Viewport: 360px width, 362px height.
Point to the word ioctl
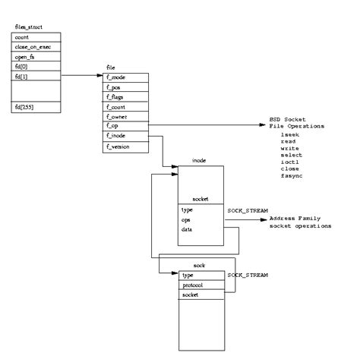pyautogui.click(x=289, y=162)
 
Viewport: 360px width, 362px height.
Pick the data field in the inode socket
pyautogui.click(x=187, y=228)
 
